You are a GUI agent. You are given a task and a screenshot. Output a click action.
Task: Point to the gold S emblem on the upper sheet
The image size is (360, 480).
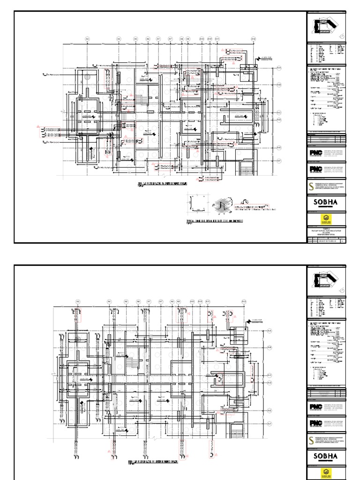[311, 186]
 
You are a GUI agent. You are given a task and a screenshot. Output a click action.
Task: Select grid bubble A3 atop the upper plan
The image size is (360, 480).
[87, 38]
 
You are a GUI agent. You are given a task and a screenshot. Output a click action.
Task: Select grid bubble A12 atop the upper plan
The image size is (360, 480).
[253, 38]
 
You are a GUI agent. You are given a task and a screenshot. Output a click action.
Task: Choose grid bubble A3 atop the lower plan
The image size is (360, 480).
[78, 301]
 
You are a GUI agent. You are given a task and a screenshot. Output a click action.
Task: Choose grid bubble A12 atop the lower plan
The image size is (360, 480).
[244, 301]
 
